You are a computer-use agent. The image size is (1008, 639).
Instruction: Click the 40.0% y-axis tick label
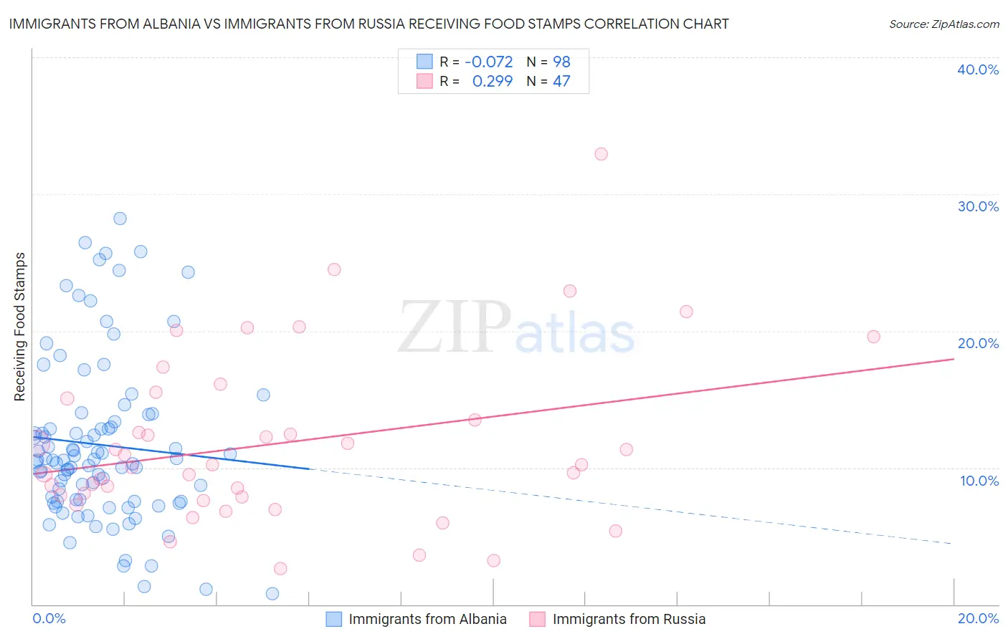[977, 69]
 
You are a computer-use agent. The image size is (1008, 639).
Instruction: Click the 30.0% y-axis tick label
[977, 206]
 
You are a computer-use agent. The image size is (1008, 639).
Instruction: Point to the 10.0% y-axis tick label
[979, 481]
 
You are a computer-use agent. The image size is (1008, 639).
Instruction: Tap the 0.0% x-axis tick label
[49, 619]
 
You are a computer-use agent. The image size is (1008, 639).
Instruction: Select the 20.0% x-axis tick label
[978, 619]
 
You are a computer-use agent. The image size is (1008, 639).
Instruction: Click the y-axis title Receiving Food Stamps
[20, 327]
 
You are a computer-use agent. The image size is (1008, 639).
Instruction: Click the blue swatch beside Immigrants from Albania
[333, 619]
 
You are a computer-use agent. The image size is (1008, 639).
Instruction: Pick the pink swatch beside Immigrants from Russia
[538, 619]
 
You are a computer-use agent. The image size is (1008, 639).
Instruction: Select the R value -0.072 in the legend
[489, 62]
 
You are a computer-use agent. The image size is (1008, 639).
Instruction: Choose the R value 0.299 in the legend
[493, 82]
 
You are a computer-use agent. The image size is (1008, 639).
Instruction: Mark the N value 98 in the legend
[561, 62]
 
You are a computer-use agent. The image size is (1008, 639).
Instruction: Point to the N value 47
[561, 82]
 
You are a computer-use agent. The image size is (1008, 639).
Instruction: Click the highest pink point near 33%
[601, 154]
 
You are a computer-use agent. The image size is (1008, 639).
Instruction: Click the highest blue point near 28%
[120, 218]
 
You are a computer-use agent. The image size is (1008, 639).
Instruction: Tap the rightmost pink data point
[873, 337]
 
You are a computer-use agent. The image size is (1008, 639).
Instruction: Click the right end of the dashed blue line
[952, 544]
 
